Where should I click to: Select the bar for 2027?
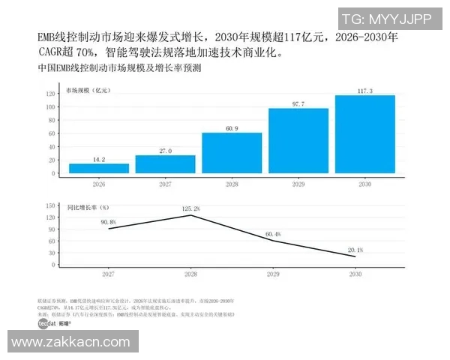tap(165, 164)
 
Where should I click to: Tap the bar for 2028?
tap(232, 153)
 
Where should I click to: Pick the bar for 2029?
tap(298, 141)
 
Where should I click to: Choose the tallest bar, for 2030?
tap(365, 134)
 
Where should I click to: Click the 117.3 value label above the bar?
tap(365, 90)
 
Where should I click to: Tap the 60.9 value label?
tap(232, 127)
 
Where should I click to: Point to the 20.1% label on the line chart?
tap(355, 250)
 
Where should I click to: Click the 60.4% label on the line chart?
tap(273, 234)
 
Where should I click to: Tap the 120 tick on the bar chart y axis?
tap(52, 94)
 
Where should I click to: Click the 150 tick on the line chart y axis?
tap(52, 205)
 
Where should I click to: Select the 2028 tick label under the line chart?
tap(191, 275)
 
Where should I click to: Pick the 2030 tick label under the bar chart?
tap(365, 184)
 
